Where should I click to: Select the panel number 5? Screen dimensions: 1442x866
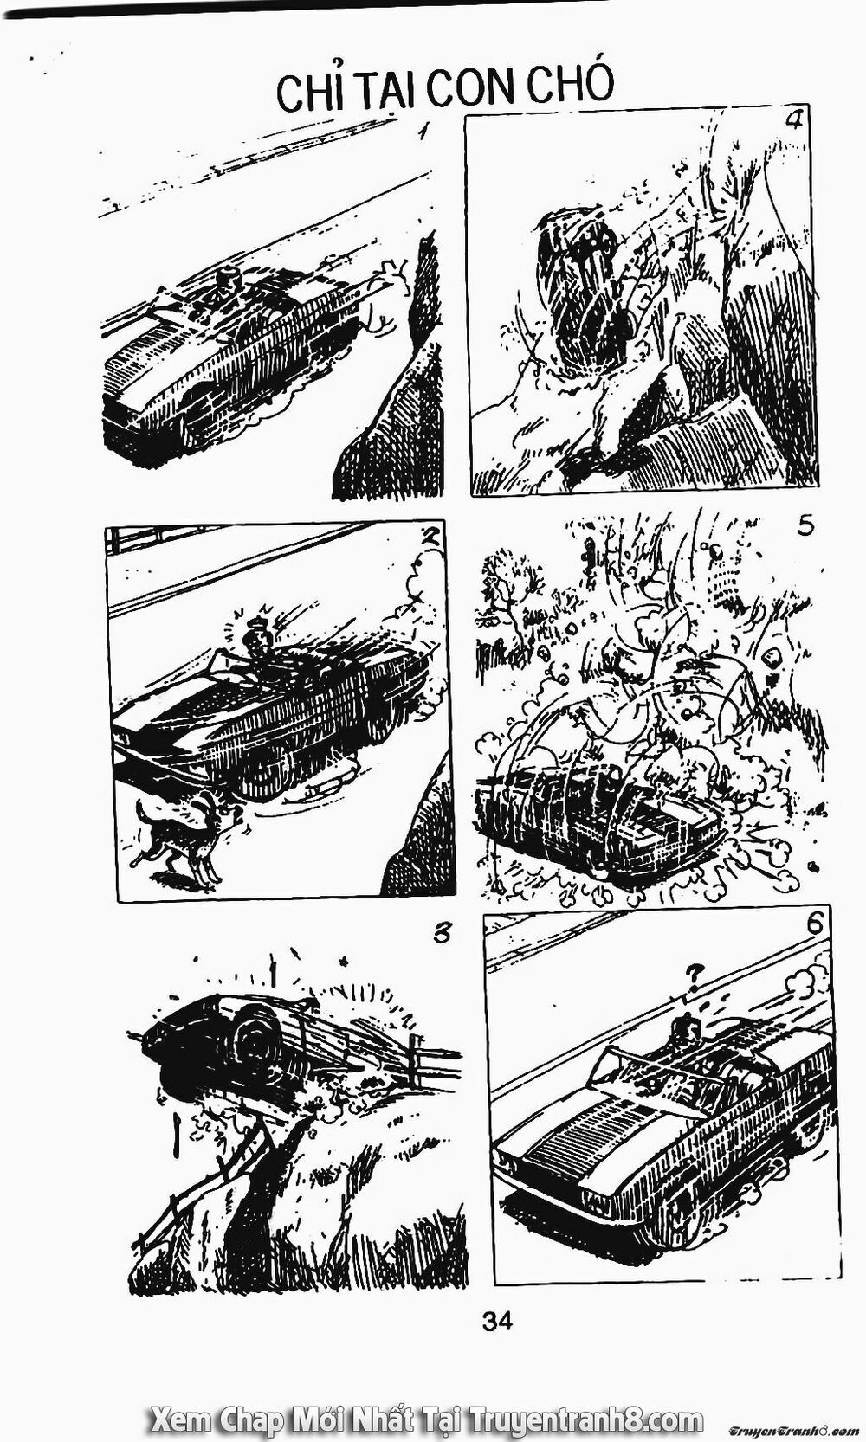805,526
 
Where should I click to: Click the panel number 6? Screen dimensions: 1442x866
814,924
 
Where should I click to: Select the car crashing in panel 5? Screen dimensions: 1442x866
598,814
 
